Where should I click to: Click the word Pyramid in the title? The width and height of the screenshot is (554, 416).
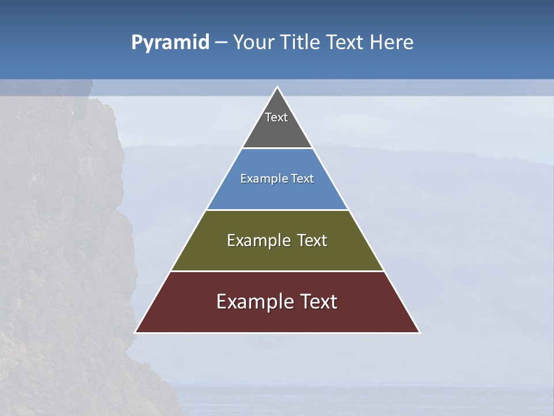point(170,43)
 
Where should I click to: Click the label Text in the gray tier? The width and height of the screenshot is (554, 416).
point(276,117)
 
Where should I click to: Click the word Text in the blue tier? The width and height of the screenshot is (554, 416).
point(302,179)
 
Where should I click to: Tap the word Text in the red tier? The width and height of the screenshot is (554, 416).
point(318,302)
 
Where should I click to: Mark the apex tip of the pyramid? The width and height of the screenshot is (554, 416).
point(277,87)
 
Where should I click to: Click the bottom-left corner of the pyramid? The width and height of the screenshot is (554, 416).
point(136,332)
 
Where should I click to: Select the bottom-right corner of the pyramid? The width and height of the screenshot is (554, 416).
point(419,332)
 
